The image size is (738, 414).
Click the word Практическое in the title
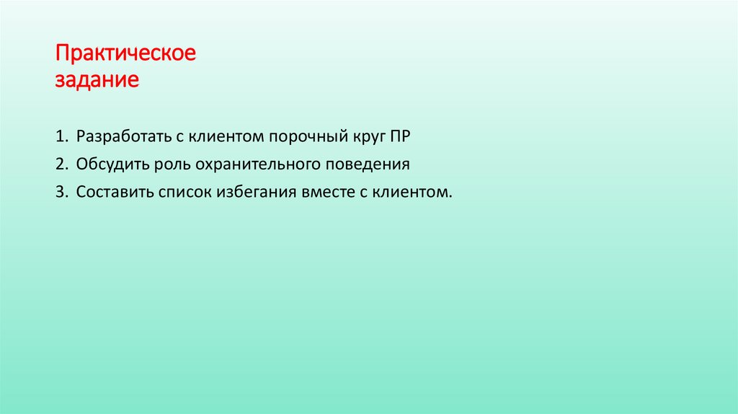(125, 55)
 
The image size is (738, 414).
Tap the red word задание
(97, 79)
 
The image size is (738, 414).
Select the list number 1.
(60, 136)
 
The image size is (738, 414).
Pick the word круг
(365, 136)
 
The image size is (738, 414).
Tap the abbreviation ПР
(399, 136)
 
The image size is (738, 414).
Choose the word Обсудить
(112, 164)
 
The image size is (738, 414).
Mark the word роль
(171, 164)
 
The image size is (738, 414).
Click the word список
(182, 193)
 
